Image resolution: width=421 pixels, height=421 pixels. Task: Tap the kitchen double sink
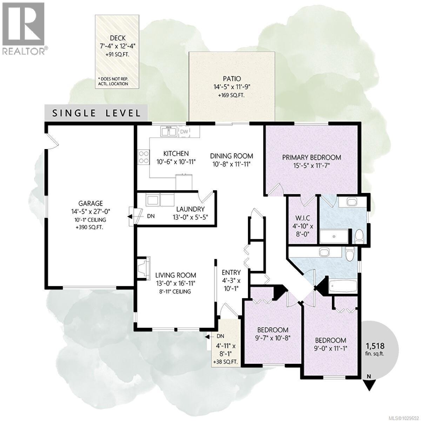(x=169, y=132)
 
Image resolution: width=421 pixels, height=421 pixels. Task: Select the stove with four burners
(x=143, y=157)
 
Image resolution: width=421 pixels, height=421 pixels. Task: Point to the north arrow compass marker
(x=369, y=382)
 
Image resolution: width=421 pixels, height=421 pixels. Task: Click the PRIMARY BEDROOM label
(x=312, y=157)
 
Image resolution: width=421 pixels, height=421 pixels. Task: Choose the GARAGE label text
(x=91, y=203)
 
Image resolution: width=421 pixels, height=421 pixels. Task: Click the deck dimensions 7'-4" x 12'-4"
(x=118, y=45)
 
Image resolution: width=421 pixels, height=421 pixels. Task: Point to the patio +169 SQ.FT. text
(x=231, y=95)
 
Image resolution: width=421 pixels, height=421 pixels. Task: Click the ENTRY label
(x=231, y=272)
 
